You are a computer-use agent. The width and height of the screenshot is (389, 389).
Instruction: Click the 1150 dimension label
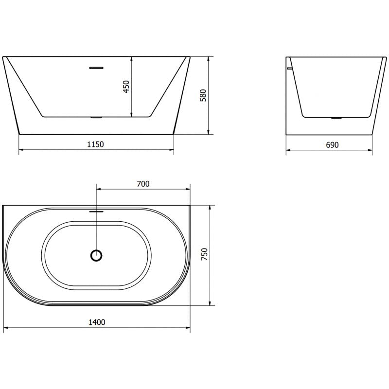coord(96,144)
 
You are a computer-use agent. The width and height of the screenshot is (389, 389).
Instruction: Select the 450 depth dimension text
coord(126,87)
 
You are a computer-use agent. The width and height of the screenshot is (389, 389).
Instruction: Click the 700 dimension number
coord(143,183)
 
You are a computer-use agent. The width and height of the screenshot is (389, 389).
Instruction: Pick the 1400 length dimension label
coord(97,322)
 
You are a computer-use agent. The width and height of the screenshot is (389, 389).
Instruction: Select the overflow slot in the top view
coord(97,212)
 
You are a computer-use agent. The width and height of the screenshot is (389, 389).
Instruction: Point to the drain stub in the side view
coord(336,118)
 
